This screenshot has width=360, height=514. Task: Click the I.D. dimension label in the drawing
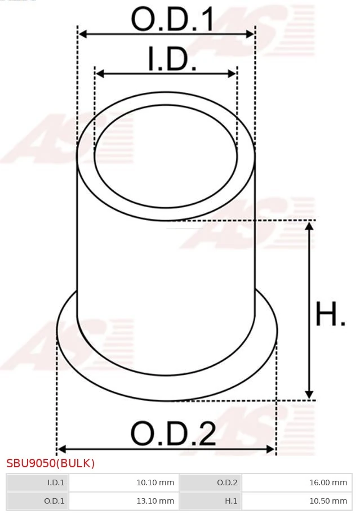172,60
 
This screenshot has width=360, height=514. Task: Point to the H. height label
330,315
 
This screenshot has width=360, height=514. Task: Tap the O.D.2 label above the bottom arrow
173,434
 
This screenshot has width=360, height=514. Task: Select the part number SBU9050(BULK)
51,463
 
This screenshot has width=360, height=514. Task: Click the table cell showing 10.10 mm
123,482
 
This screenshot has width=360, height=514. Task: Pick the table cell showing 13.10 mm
123,500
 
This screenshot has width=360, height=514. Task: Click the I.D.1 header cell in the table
37,482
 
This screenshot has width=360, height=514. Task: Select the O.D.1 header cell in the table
37,500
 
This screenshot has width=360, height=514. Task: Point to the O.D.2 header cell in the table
210,482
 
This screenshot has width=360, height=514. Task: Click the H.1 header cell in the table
210,500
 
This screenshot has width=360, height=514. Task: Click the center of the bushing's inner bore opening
166,151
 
